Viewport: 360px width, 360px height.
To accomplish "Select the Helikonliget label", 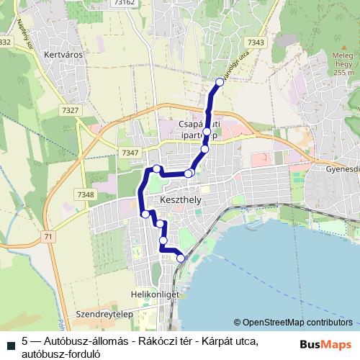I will [x=149, y=294].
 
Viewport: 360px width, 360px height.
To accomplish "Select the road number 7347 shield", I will [x=130, y=153].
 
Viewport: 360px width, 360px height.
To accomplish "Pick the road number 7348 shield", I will [x=85, y=194].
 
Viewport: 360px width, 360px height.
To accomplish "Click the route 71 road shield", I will [x=48, y=236].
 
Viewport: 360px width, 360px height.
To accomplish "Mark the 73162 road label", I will [x=124, y=3].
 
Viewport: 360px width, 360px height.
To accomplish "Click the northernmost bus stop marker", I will [x=220, y=82].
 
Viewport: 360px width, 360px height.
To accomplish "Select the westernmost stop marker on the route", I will [x=145, y=214].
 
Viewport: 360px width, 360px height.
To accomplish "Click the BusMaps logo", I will [x=325, y=343].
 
